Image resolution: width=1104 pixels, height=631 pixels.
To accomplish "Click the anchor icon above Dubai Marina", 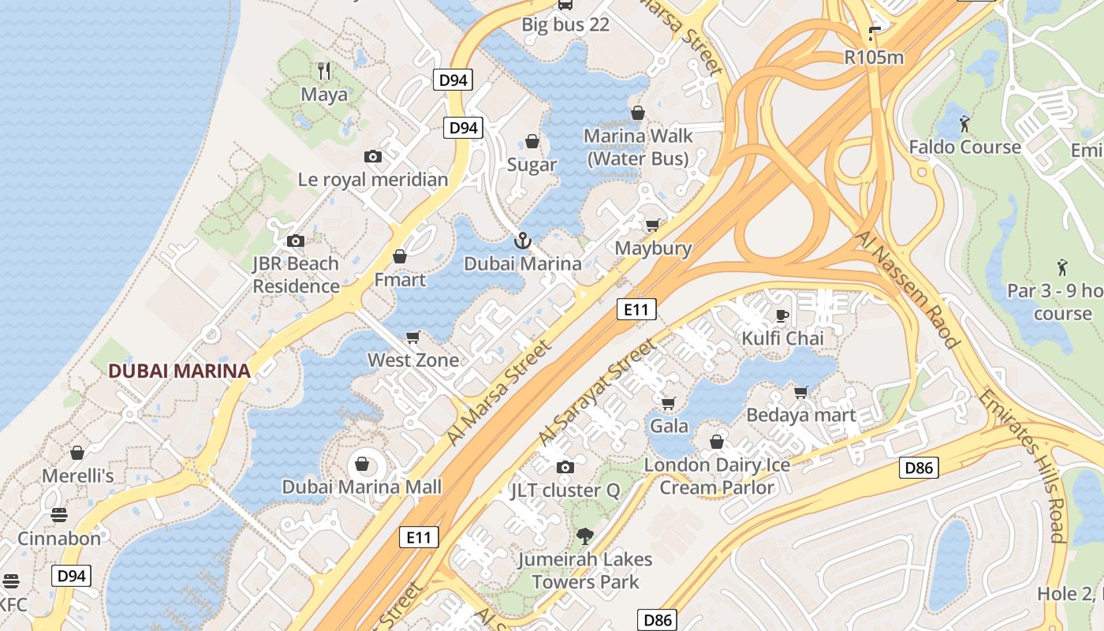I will click(x=521, y=240).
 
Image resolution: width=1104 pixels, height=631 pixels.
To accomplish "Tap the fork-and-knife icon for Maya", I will click(x=324, y=71).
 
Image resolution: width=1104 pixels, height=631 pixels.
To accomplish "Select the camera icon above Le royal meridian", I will click(x=373, y=156).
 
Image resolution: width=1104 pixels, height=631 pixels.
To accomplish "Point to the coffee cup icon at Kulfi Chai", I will click(x=781, y=315).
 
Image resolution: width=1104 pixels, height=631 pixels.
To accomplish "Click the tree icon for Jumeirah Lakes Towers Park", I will click(x=584, y=536).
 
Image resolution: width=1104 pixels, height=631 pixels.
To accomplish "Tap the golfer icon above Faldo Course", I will click(x=964, y=124).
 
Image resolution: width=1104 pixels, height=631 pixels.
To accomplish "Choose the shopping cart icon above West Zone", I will click(x=412, y=338).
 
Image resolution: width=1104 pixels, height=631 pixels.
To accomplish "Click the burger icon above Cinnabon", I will click(x=59, y=516).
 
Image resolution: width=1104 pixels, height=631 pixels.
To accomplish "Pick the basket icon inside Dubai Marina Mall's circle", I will click(x=363, y=463).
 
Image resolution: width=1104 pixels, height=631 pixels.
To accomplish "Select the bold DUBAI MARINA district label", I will click(x=179, y=371).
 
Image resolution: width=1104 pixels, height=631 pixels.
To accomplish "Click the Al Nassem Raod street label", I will click(x=908, y=289).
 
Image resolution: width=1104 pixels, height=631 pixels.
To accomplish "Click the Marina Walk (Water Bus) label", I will click(x=638, y=147).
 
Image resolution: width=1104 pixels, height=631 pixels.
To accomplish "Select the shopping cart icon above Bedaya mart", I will click(x=801, y=392).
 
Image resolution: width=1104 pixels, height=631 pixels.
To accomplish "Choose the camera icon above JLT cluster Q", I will click(x=565, y=468).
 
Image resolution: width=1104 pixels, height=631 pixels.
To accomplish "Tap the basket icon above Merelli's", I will click(x=77, y=453).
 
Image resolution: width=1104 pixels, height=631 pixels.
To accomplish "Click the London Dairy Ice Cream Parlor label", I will click(x=717, y=476).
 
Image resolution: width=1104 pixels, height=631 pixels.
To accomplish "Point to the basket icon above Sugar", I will click(x=532, y=142).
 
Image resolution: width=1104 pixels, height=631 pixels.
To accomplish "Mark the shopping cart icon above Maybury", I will click(x=652, y=226).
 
